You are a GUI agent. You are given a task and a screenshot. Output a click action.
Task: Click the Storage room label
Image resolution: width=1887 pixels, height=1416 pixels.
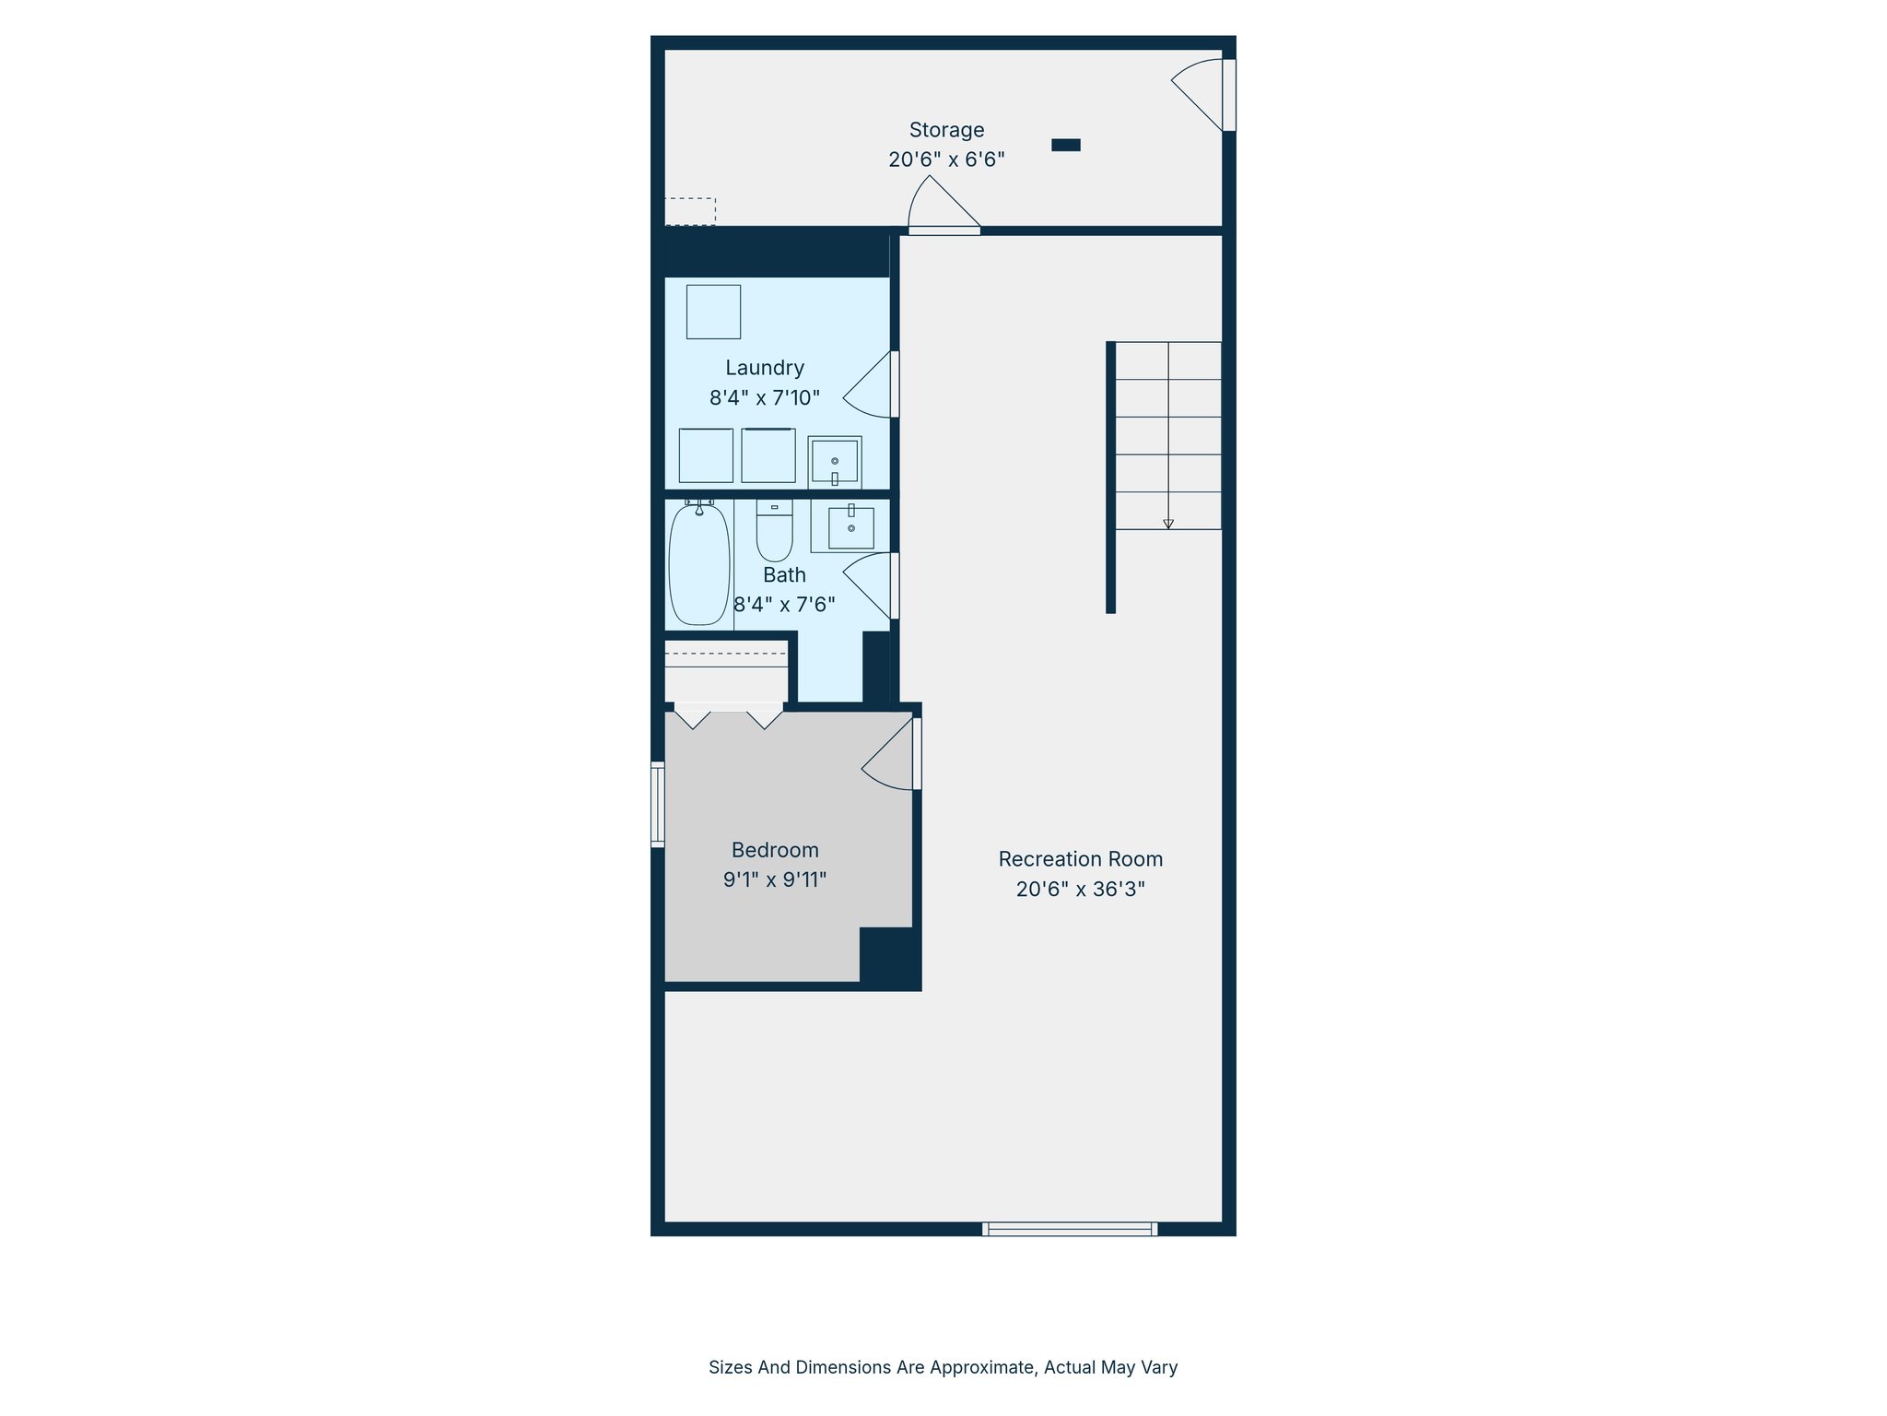[x=946, y=130]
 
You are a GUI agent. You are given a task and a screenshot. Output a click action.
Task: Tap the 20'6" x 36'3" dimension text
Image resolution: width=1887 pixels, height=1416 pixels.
[x=1080, y=890]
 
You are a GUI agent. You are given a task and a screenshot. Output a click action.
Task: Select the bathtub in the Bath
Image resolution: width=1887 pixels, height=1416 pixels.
[x=698, y=564]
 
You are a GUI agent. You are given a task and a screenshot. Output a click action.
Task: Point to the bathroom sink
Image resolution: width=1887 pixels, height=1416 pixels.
[x=850, y=527]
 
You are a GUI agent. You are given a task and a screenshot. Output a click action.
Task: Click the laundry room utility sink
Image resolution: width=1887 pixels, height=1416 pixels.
[x=835, y=461]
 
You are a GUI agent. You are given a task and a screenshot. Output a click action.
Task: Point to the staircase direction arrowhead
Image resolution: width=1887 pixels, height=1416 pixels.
[x=1168, y=524]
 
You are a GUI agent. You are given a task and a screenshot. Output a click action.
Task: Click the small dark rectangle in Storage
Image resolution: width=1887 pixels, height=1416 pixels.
[x=1066, y=145]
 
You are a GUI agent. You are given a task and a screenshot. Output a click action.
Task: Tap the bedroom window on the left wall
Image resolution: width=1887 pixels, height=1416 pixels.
[x=658, y=804]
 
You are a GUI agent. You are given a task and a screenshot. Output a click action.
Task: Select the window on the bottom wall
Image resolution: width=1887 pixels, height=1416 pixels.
[x=1070, y=1229]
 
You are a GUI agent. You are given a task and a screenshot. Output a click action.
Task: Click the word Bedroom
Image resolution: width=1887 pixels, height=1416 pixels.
[x=775, y=850]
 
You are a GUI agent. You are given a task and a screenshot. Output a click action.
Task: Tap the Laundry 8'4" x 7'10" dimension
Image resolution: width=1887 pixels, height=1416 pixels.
[x=764, y=398]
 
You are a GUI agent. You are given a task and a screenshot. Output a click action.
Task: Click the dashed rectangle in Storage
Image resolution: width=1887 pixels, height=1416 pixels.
[x=690, y=211]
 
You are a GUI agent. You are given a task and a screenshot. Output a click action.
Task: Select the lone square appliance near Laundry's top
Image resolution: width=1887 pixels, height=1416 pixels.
[x=713, y=312]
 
